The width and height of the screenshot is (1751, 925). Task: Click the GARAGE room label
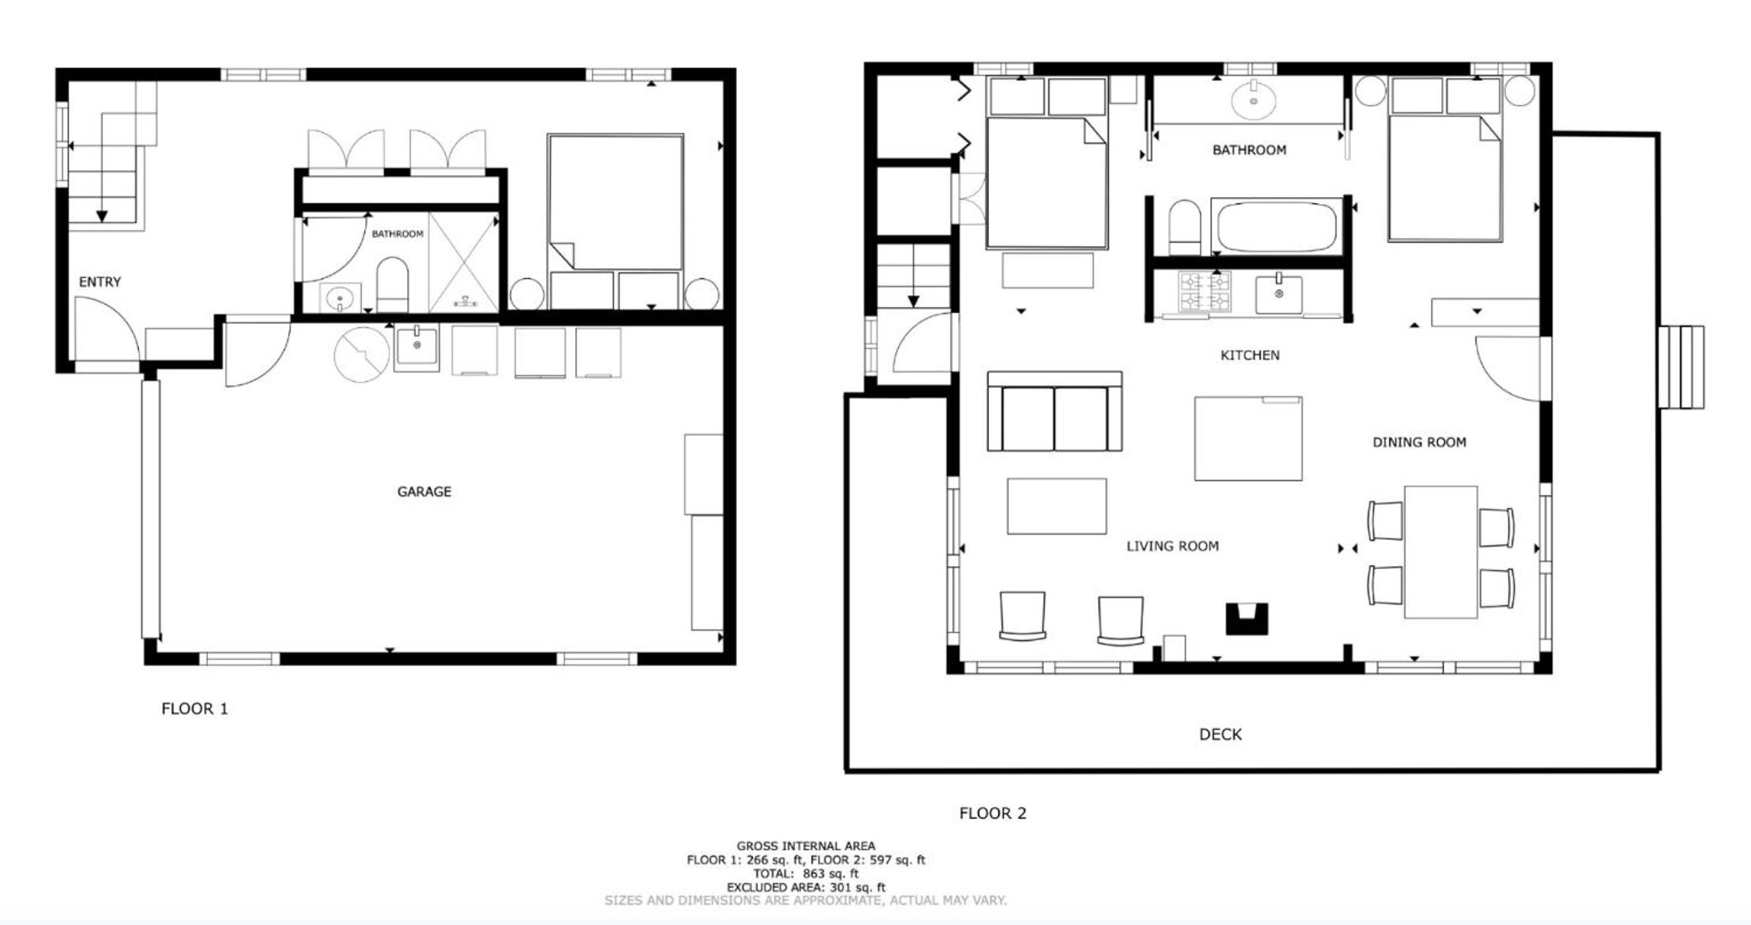[424, 491]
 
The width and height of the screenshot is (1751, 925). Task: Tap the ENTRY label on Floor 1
[100, 281]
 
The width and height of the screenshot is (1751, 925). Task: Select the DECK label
[1220, 734]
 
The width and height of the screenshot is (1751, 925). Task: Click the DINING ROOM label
[1420, 442]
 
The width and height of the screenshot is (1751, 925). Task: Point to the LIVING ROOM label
[1173, 546]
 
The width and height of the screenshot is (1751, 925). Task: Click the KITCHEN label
[1250, 355]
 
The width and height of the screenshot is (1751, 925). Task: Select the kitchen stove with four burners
[1204, 292]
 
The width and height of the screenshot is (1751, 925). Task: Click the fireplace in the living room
[1247, 619]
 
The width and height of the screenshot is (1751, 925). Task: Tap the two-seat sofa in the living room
[1054, 412]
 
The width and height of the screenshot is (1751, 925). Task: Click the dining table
[1441, 552]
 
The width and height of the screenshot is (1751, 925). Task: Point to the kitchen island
[1249, 439]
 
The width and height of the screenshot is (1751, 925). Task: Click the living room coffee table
[1057, 506]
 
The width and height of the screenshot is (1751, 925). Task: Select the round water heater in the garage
[362, 353]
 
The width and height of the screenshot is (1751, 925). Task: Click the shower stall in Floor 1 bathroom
[464, 262]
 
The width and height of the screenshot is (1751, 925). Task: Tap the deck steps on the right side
[1681, 367]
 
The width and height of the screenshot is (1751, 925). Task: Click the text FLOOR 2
[992, 813]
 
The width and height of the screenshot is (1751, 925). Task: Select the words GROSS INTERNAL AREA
[806, 846]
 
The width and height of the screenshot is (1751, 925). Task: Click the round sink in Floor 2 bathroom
[1253, 100]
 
